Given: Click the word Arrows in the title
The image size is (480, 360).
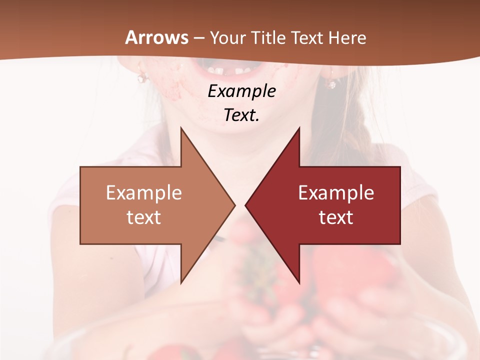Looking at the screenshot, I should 156,37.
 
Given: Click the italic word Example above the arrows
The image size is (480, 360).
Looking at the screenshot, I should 241,91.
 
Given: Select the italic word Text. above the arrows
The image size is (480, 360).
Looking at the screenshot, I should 241,115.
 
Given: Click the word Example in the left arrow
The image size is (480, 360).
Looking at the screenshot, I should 144,193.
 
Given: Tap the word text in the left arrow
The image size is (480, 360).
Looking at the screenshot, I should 144,217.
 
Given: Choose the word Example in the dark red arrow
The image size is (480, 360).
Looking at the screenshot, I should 336,193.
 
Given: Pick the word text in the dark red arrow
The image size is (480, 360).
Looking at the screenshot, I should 336,217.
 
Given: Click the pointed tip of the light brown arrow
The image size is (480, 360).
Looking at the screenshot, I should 234,205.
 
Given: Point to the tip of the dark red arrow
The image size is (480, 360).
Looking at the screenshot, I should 246,205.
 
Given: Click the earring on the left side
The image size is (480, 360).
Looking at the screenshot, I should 143,77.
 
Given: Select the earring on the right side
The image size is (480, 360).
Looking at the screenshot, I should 331,82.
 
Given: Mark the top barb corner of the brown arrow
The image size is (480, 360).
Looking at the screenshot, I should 181,128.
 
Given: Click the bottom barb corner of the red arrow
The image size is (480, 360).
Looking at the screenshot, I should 299,283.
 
